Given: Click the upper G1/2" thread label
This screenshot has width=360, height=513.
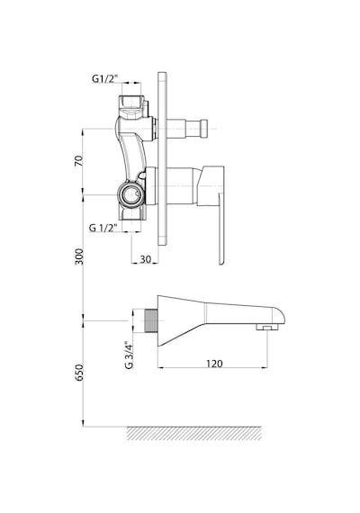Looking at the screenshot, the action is [x=104, y=78].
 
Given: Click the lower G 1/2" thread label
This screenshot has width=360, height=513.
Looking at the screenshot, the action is [x=103, y=228].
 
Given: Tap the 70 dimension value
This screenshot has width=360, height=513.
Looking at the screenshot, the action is [x=79, y=160].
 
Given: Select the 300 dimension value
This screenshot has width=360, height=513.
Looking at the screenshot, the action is [x=79, y=256].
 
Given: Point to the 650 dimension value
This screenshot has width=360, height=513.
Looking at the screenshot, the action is [x=79, y=373].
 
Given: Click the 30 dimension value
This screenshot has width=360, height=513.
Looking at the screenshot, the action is [x=146, y=259].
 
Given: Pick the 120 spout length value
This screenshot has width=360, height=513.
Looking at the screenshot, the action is [x=214, y=364].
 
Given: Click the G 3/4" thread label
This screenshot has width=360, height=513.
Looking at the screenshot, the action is [x=130, y=355].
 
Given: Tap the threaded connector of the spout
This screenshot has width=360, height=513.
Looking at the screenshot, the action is [x=151, y=320].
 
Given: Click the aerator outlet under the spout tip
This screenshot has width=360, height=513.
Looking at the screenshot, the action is [x=267, y=327].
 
